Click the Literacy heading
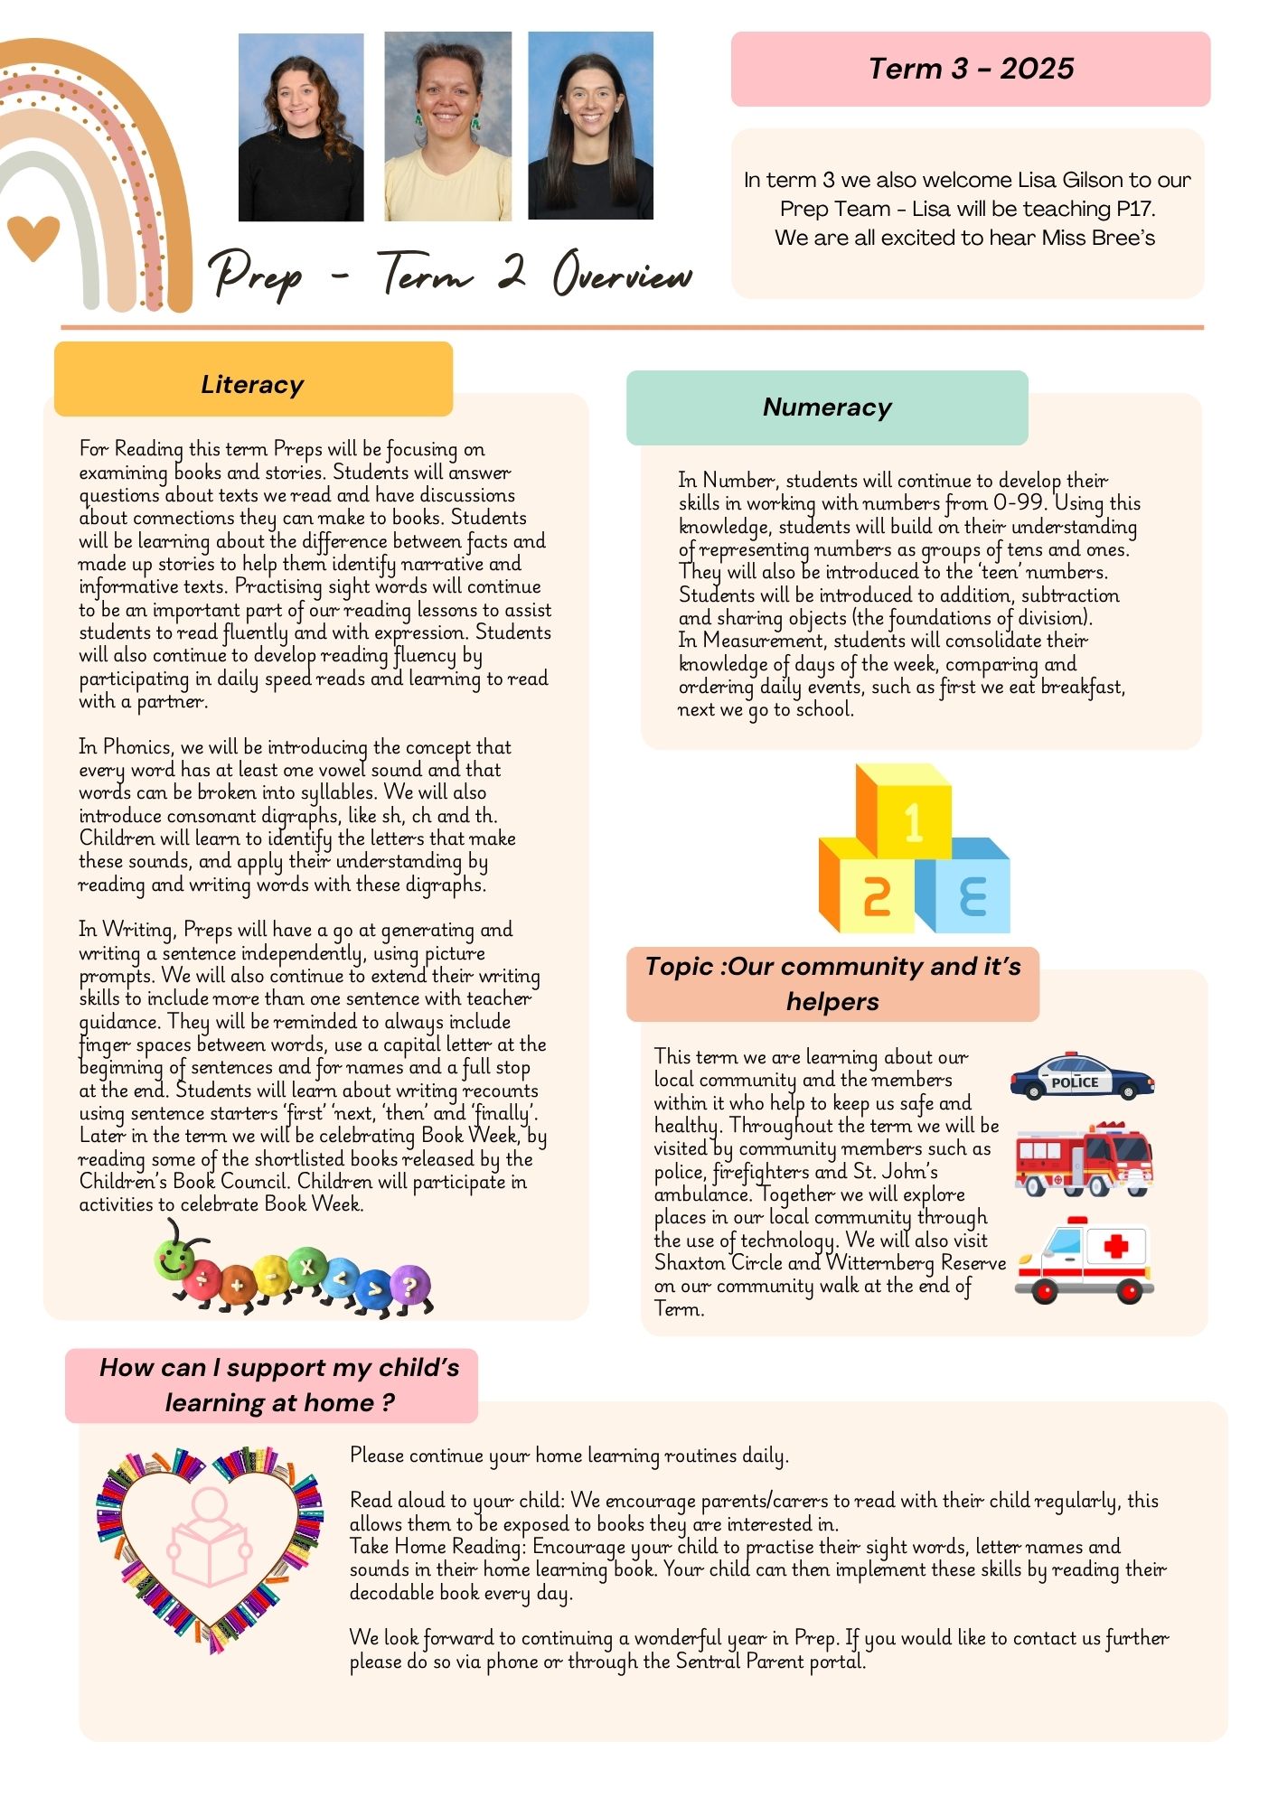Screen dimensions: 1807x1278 pos(252,384)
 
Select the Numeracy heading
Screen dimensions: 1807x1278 pos(827,407)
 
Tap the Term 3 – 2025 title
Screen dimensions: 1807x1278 pos(971,69)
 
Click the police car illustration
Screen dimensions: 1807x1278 pos(1081,1076)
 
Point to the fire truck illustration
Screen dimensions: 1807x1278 pos(1084,1159)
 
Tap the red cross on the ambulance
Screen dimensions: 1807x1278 pos(1116,1247)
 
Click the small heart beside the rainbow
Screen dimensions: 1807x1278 pos(33,238)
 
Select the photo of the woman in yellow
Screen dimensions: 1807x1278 pos(447,126)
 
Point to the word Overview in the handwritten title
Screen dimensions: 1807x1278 pos(623,273)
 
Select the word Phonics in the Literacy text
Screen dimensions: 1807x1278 pos(136,747)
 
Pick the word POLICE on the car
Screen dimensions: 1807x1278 pos(1075,1082)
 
